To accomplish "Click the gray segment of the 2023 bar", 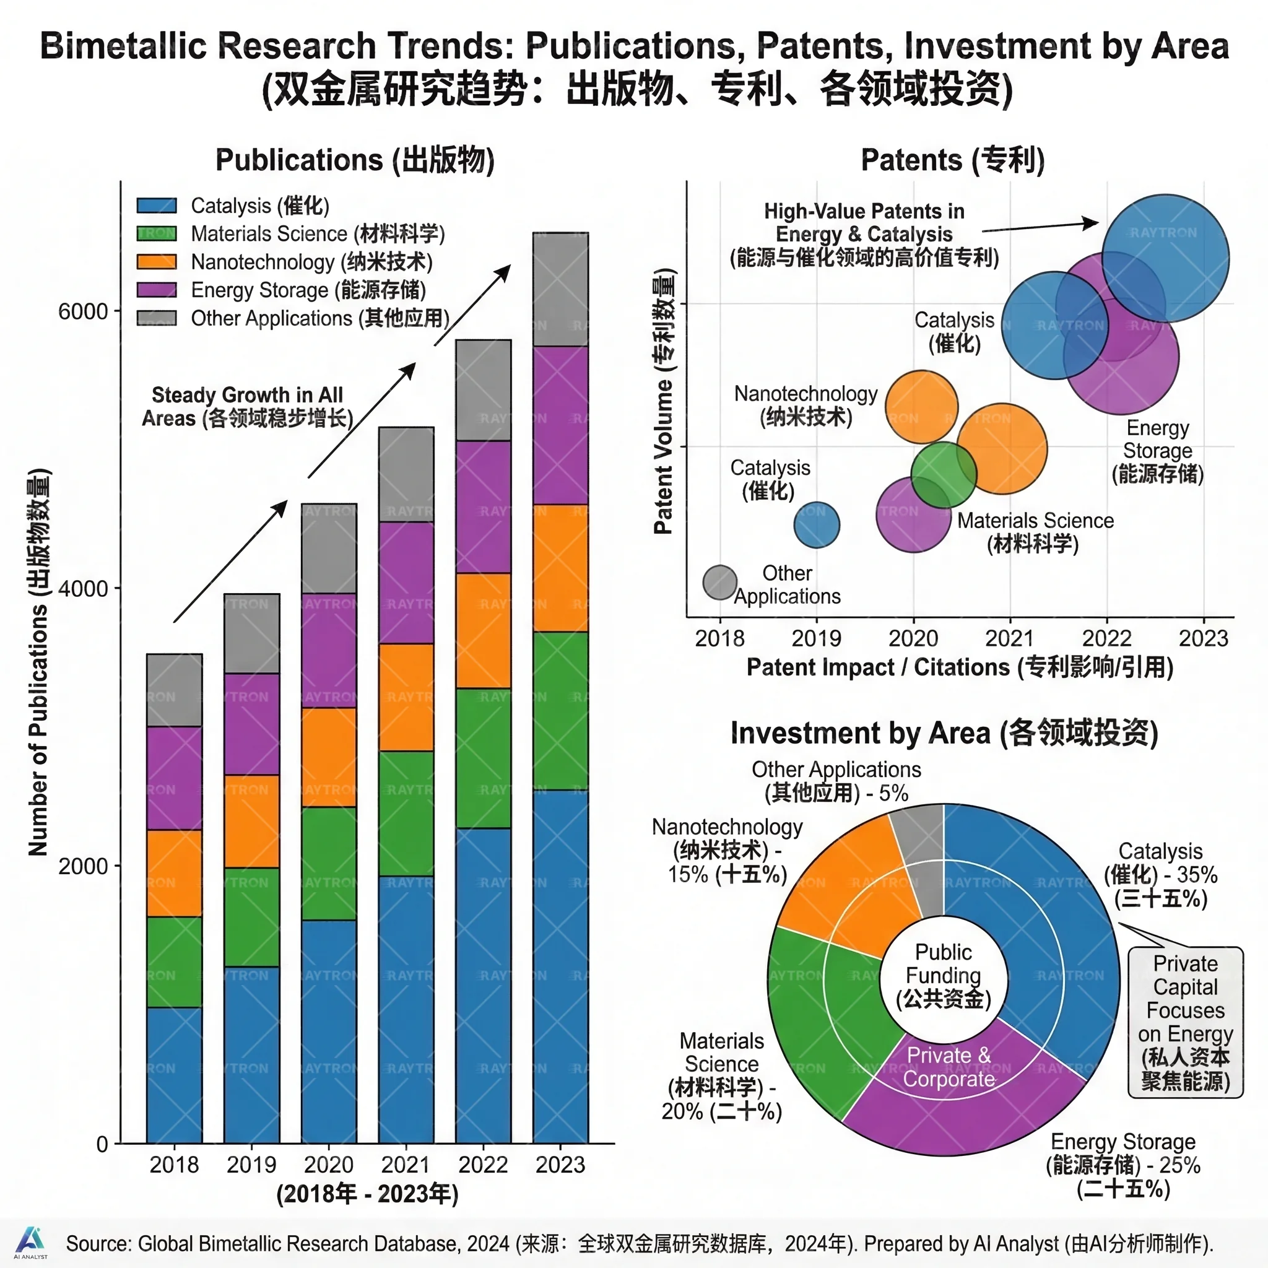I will click(560, 289).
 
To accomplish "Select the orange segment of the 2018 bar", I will click(174, 873).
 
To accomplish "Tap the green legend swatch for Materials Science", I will click(156, 233).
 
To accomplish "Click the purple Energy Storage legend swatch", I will click(156, 290).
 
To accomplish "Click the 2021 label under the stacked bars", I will click(406, 1165).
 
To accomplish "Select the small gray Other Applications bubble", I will click(720, 582).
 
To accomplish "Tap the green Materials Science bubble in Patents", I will click(943, 474).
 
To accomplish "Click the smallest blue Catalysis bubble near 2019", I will click(817, 525).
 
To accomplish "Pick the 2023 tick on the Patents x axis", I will click(1203, 638).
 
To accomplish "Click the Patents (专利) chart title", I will click(952, 160).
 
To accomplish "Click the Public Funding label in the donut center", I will click(943, 975).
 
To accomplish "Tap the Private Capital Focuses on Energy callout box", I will click(1185, 1021).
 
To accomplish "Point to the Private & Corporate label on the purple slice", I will click(949, 1067).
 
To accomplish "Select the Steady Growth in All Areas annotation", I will click(248, 407).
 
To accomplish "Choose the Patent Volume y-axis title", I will click(664, 401).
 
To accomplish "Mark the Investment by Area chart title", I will click(944, 733).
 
